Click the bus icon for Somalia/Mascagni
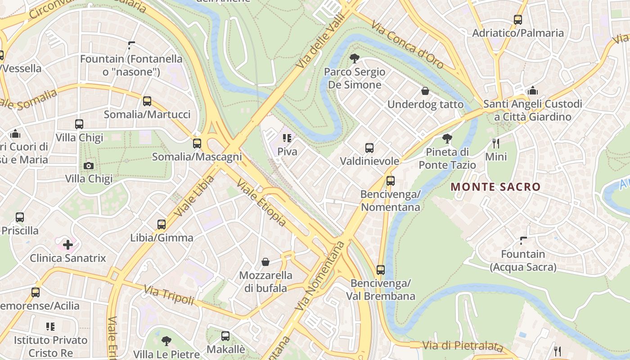pyautogui.click(x=197, y=144)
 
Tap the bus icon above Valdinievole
pyautogui.click(x=369, y=148)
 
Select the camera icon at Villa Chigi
pyautogui.click(x=89, y=166)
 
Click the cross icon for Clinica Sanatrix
pyautogui.click(x=68, y=245)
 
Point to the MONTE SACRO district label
pyautogui.click(x=495, y=187)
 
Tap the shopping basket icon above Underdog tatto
pyautogui.click(x=425, y=91)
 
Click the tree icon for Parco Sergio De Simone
pyautogui.click(x=355, y=58)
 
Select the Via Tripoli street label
pyautogui.click(x=169, y=295)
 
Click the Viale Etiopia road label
pyautogui.click(x=261, y=203)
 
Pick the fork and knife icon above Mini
pyautogui.click(x=496, y=144)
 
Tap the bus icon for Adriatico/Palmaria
pyautogui.click(x=518, y=20)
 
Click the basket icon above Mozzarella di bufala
pyautogui.click(x=265, y=262)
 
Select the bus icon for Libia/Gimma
pyautogui.click(x=162, y=224)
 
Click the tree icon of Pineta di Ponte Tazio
pyautogui.click(x=447, y=138)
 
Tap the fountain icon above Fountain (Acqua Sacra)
pyautogui.click(x=523, y=241)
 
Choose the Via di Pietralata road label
pyautogui.click(x=462, y=346)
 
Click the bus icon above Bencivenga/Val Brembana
pyautogui.click(x=381, y=270)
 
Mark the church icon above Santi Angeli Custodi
pyautogui.click(x=533, y=90)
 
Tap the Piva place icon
pyautogui.click(x=287, y=138)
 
